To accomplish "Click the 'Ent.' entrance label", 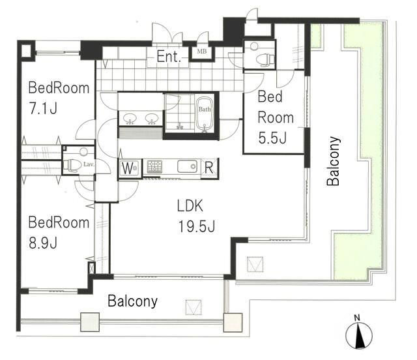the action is (x=169, y=56).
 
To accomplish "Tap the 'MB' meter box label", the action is (x=201, y=52).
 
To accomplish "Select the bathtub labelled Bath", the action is (x=204, y=114).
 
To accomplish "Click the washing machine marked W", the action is (x=129, y=168).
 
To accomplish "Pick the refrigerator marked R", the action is (x=209, y=168).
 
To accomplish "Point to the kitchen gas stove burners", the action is (x=154, y=167).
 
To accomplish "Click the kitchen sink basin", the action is (x=188, y=166).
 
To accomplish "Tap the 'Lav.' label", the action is (x=89, y=164).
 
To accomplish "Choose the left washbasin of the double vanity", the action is (x=130, y=118).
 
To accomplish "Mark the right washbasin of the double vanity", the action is (x=151, y=118).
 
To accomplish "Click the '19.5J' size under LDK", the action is (x=197, y=227).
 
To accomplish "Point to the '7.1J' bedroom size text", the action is (x=43, y=108).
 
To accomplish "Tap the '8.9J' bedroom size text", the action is (x=43, y=243).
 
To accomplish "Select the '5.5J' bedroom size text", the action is (x=272, y=138).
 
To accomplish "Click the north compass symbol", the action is (x=359, y=335).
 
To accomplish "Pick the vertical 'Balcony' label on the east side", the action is (x=334, y=161).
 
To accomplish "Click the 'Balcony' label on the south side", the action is (x=132, y=301).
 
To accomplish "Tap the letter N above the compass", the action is (x=357, y=318).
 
